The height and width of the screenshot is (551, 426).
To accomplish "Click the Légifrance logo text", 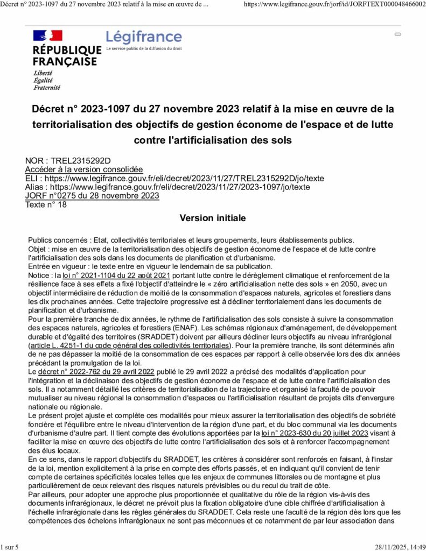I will [144, 37].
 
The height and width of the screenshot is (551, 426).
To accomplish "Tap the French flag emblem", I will [48, 36].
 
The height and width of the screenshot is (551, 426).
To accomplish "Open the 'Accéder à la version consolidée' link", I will [84, 169].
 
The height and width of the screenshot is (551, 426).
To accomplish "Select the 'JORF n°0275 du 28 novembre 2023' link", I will [92, 196].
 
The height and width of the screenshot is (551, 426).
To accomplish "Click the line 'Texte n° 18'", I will [46, 204].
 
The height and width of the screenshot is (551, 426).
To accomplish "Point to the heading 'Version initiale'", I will [213, 218].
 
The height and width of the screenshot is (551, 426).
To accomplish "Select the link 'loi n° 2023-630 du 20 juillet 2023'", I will [315, 433].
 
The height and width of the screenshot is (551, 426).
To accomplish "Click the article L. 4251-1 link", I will [130, 345].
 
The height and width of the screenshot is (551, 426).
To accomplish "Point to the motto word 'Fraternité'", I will [47, 88].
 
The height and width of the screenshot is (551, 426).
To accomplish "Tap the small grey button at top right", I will [398, 34].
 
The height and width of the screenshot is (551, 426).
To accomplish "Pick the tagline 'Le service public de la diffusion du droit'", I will [144, 48].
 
